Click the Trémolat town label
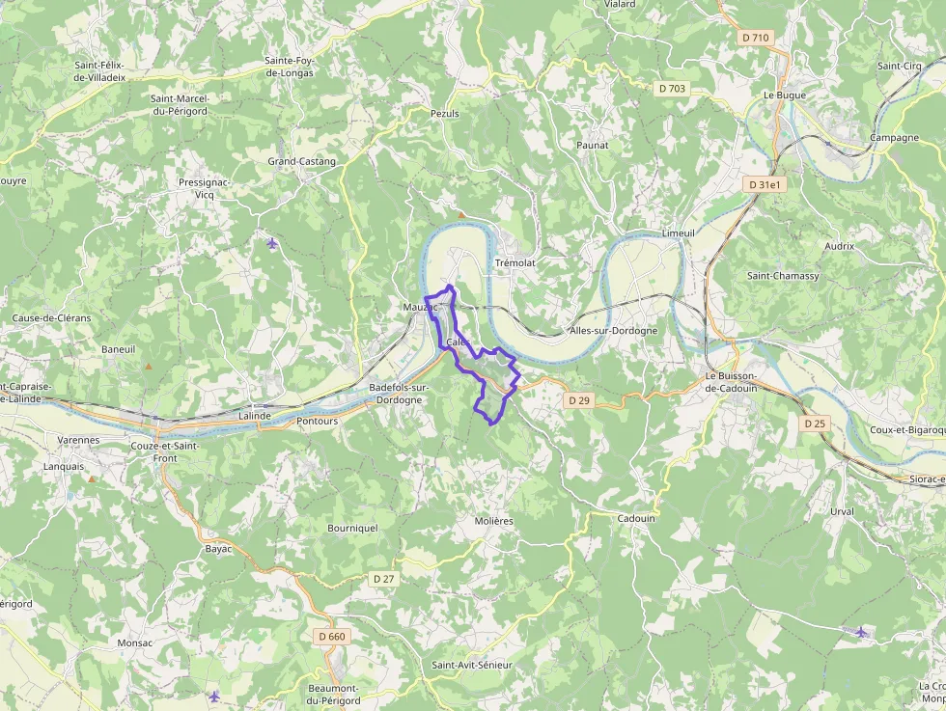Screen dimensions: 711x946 click(515, 262)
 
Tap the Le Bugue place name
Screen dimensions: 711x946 click(784, 96)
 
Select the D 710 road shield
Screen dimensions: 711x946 click(756, 38)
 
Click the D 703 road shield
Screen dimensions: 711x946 click(672, 88)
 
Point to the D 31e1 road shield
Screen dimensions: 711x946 click(763, 184)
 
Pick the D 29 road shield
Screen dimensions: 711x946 click(578, 399)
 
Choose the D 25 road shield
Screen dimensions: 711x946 click(815, 424)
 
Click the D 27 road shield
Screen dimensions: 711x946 click(383, 578)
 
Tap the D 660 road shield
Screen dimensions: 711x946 click(331, 637)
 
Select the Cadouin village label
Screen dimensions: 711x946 click(635, 518)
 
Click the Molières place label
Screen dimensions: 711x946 click(493, 521)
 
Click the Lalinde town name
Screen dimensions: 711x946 click(254, 416)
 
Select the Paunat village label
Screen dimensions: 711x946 click(592, 145)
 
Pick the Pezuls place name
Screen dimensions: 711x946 click(444, 114)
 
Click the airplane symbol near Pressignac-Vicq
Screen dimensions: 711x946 click(271, 242)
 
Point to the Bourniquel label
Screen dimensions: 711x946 click(352, 529)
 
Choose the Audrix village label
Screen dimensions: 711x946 click(839, 246)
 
